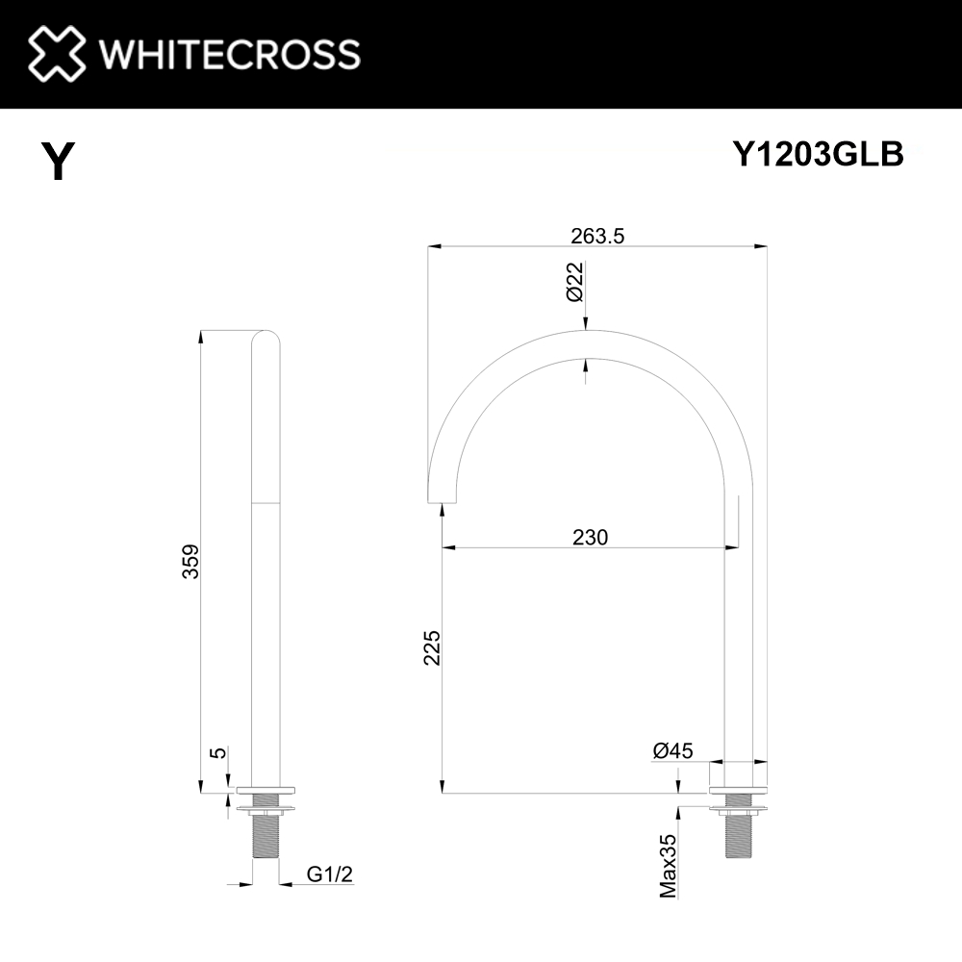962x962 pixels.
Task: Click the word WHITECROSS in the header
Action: tap(230, 54)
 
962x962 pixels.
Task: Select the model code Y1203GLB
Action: tap(818, 154)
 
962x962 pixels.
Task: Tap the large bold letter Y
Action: tap(58, 161)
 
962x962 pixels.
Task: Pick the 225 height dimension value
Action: tap(431, 647)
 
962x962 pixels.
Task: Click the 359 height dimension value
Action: tap(191, 561)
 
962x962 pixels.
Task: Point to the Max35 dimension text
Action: tap(669, 866)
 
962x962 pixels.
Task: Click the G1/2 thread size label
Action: tap(327, 873)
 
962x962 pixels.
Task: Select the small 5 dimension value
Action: tap(218, 752)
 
